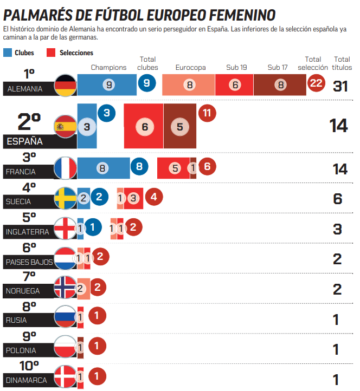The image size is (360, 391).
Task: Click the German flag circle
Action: (x=66, y=86)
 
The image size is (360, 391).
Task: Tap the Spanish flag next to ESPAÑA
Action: (x=66, y=127)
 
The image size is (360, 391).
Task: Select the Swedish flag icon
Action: (x=66, y=198)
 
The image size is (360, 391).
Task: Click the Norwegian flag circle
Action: (x=66, y=288)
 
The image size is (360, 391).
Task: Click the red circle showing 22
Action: (x=317, y=83)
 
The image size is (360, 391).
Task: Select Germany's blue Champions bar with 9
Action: (x=109, y=85)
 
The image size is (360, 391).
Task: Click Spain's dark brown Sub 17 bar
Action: (x=180, y=126)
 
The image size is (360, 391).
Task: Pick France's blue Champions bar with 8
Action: (x=103, y=168)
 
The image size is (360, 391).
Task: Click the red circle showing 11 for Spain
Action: (x=207, y=113)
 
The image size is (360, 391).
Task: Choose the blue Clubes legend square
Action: (x=8, y=53)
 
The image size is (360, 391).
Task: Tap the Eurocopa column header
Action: (x=190, y=68)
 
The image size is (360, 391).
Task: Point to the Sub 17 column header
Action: (x=278, y=68)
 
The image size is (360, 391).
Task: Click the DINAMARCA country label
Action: (x=27, y=380)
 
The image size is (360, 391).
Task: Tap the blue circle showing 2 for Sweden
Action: (x=99, y=197)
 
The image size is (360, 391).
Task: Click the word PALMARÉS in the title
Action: (x=41, y=15)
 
